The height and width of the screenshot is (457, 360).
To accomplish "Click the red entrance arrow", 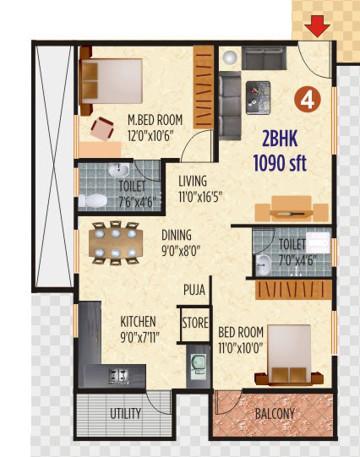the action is [x=317, y=26].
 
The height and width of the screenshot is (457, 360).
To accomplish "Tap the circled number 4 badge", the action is [x=308, y=100].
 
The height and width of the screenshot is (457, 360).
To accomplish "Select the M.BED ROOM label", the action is [x=155, y=120].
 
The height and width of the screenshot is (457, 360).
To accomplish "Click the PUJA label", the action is [x=194, y=290].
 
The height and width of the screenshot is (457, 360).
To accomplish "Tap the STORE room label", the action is [x=195, y=323].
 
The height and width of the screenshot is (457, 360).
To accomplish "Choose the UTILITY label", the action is [x=125, y=413].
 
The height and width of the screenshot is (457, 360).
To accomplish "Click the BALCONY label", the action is [x=275, y=413].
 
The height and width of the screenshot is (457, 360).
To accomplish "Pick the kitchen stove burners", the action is [x=118, y=376].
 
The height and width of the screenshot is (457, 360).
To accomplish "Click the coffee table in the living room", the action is [x=258, y=98].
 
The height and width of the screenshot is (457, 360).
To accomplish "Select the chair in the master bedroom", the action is [x=102, y=128].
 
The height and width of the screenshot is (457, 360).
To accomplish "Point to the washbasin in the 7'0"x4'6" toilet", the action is [x=264, y=264].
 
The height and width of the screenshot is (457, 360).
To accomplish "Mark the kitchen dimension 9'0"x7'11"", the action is [x=139, y=338].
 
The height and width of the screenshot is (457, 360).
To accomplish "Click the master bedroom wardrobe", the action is [x=203, y=87].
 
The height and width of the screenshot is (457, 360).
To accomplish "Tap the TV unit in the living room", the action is [x=292, y=209].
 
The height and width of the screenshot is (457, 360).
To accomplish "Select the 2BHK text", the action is [x=280, y=139].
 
